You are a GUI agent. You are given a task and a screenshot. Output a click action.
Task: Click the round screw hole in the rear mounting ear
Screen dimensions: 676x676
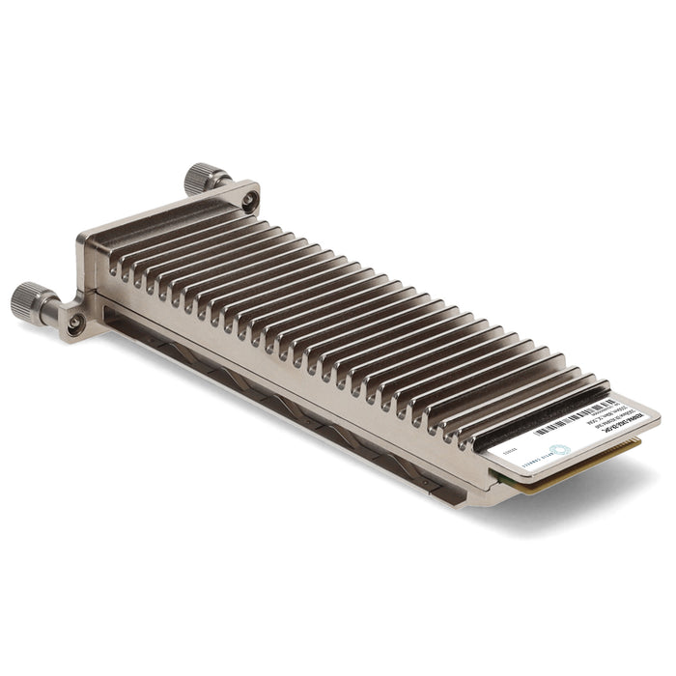pos(249,201)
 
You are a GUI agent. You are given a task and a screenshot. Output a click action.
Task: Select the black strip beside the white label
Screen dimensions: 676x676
pos(541,414)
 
